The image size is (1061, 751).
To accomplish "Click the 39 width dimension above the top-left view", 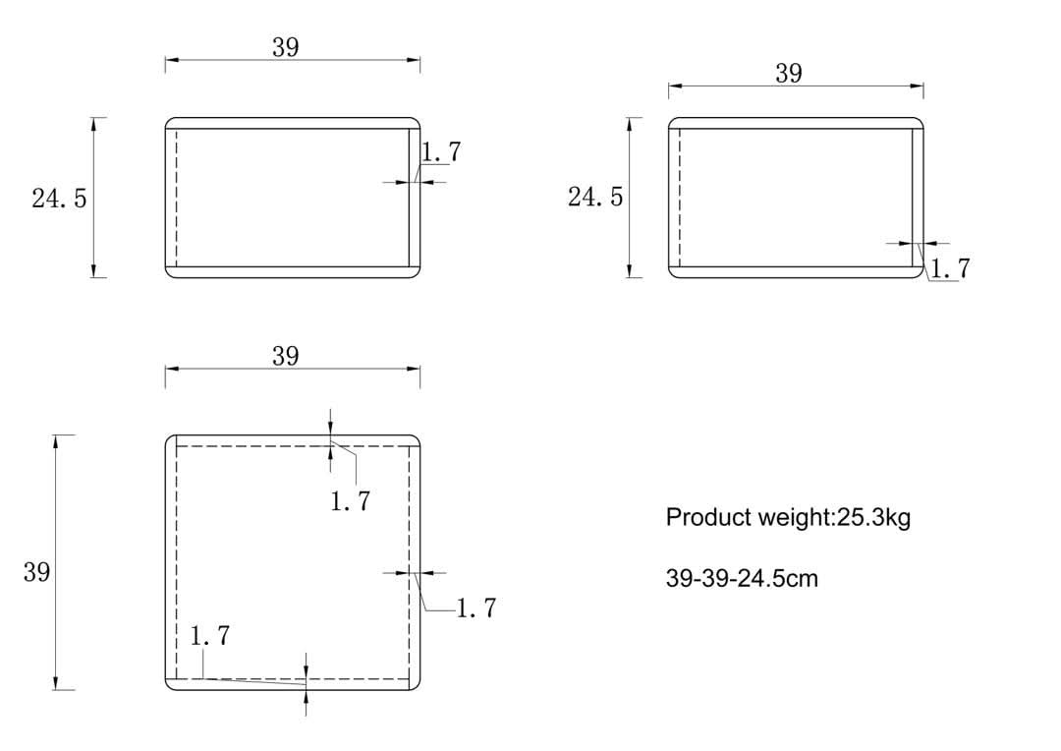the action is point(286,47).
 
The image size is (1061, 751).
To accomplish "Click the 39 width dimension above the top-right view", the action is point(789,73).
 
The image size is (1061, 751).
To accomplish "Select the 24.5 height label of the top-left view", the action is point(60,198).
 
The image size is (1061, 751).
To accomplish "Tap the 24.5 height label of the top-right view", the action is point(595,197).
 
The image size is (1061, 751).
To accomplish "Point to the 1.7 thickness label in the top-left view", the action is point(441,151).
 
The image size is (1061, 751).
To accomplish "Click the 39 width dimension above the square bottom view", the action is point(286,356).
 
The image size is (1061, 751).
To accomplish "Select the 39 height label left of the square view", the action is point(36,572).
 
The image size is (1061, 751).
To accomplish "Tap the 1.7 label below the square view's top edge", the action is point(351,501).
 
